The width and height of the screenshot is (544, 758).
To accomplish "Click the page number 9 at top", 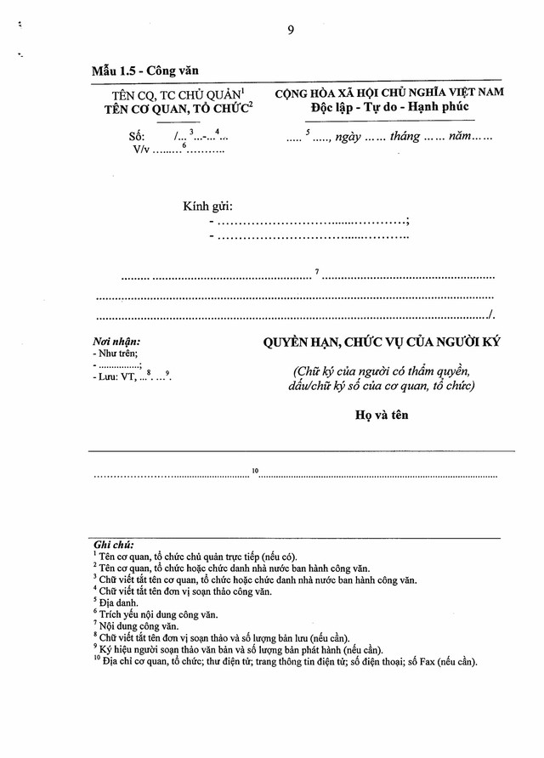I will click(291, 30).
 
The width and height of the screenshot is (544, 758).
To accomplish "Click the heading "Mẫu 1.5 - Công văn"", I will click(145, 72).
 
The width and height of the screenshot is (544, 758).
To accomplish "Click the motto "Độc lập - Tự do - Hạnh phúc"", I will click(389, 107).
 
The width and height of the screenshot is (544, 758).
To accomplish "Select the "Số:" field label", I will click(137, 137).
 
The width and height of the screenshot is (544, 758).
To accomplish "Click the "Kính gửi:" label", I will click(208, 206).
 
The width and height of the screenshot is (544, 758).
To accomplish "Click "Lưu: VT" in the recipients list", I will click(117, 376).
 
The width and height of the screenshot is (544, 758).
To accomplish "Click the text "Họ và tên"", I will click(382, 416).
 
